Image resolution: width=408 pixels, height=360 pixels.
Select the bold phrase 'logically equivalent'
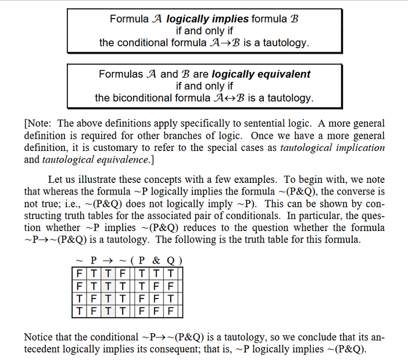[261, 74]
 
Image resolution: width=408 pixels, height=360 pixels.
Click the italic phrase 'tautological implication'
[332, 147]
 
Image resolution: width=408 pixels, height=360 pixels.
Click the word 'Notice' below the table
[39, 337]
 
